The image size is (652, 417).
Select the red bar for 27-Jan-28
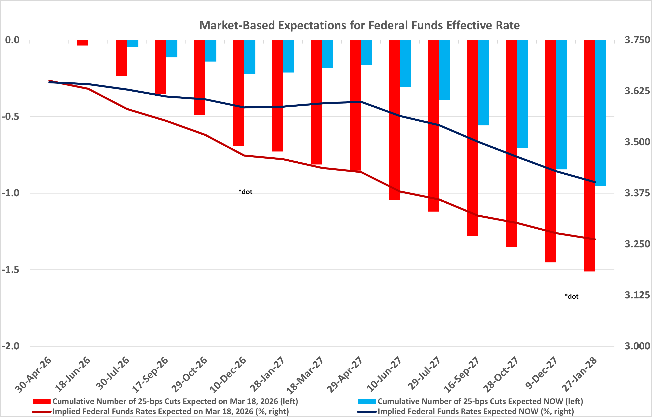click(589, 156)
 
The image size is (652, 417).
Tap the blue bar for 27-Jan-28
click(600, 113)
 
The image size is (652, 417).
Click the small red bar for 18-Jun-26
click(83, 43)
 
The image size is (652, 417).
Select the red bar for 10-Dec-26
click(239, 93)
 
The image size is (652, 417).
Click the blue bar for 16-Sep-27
click(483, 83)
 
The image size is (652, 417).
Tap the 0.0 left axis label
click(12, 40)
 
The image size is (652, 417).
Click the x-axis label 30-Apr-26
click(33, 375)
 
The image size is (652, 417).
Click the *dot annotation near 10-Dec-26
click(245, 192)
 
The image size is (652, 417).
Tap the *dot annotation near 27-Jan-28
click(571, 296)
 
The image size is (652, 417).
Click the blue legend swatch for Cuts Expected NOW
click(366, 402)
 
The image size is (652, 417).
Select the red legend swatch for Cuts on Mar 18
click(41, 402)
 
